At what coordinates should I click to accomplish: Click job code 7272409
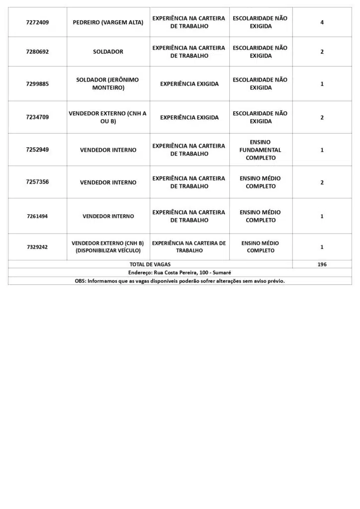37,22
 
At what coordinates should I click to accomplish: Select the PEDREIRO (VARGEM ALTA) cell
108,22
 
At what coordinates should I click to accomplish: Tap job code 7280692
37,52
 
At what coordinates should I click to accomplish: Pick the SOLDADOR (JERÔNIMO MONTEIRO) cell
108,84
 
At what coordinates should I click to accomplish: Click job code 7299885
37,84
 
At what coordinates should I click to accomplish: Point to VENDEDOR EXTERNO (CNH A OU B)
108,117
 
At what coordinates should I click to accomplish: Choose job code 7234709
37,118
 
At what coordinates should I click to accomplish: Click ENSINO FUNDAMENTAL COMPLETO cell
260,150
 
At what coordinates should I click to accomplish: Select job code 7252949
37,150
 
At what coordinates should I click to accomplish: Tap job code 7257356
37,182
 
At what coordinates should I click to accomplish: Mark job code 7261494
37,216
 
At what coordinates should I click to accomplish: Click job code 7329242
37,247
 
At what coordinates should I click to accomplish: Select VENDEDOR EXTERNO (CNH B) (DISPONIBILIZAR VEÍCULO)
108,247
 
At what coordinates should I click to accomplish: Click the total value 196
322,264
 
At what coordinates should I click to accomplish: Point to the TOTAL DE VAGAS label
150,264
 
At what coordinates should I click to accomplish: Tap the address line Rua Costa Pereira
180,272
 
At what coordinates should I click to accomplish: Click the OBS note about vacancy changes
180,281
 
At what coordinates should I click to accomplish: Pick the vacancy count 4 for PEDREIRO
322,22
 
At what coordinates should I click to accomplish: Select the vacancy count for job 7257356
322,182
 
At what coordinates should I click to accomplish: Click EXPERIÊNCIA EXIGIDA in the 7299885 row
189,84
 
